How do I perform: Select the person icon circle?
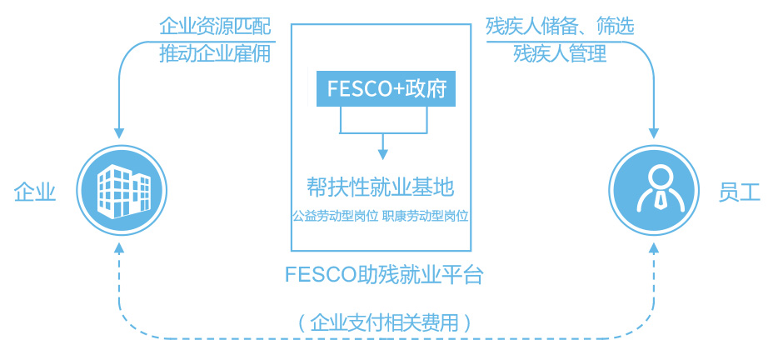point(653,191)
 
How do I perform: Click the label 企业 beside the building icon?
point(35,192)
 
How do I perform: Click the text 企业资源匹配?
point(216,27)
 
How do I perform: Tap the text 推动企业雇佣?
point(216,53)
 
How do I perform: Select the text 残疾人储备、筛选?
point(560,27)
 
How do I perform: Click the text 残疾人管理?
point(560,53)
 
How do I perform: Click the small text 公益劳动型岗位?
point(335,216)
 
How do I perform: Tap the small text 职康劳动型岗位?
point(426,216)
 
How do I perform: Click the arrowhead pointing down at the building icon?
point(120,132)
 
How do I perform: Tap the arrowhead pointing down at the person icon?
point(654,133)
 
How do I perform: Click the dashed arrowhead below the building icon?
point(120,248)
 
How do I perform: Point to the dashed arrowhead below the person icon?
point(654,248)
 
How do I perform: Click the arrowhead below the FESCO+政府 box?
point(383,154)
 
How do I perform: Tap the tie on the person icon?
point(654,199)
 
